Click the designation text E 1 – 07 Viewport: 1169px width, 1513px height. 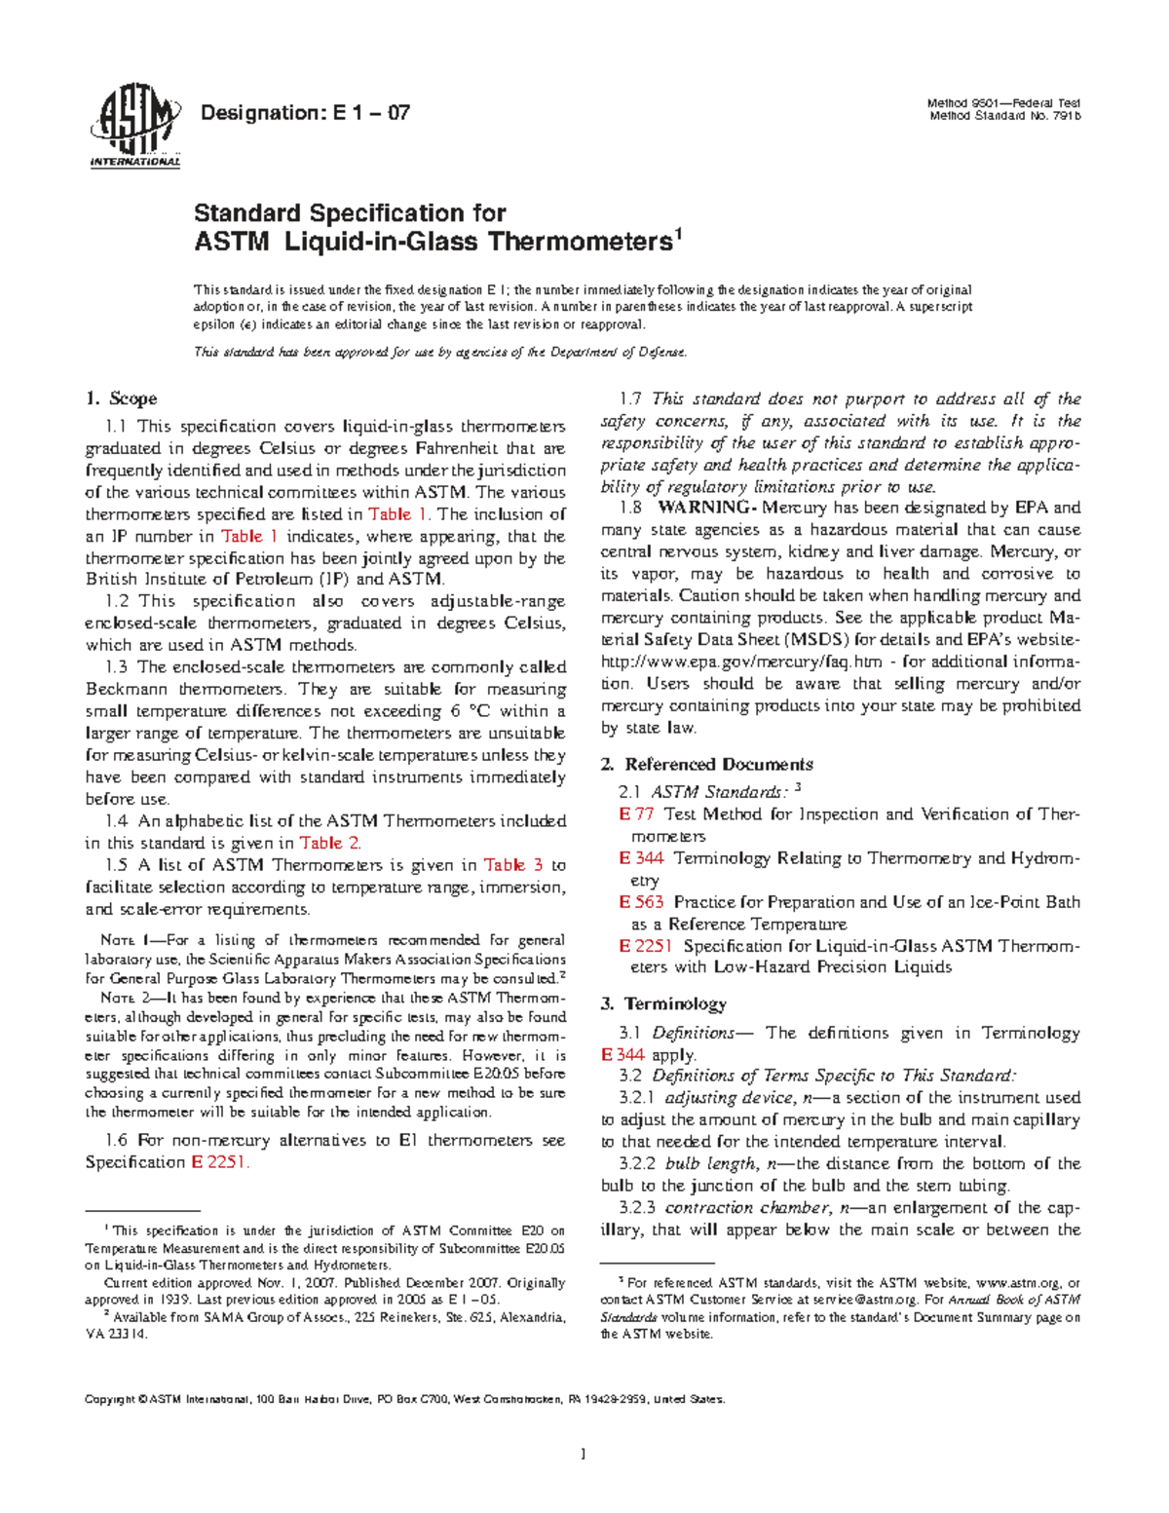pyautogui.click(x=304, y=113)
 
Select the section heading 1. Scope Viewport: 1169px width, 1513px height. pyautogui.click(x=121, y=398)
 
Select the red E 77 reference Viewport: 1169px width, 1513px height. pyautogui.click(x=636, y=814)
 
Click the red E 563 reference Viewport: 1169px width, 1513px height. pyautogui.click(x=641, y=902)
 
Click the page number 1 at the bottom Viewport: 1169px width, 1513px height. pyautogui.click(x=583, y=1456)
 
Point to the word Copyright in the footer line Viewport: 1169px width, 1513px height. pyautogui.click(x=109, y=1400)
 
